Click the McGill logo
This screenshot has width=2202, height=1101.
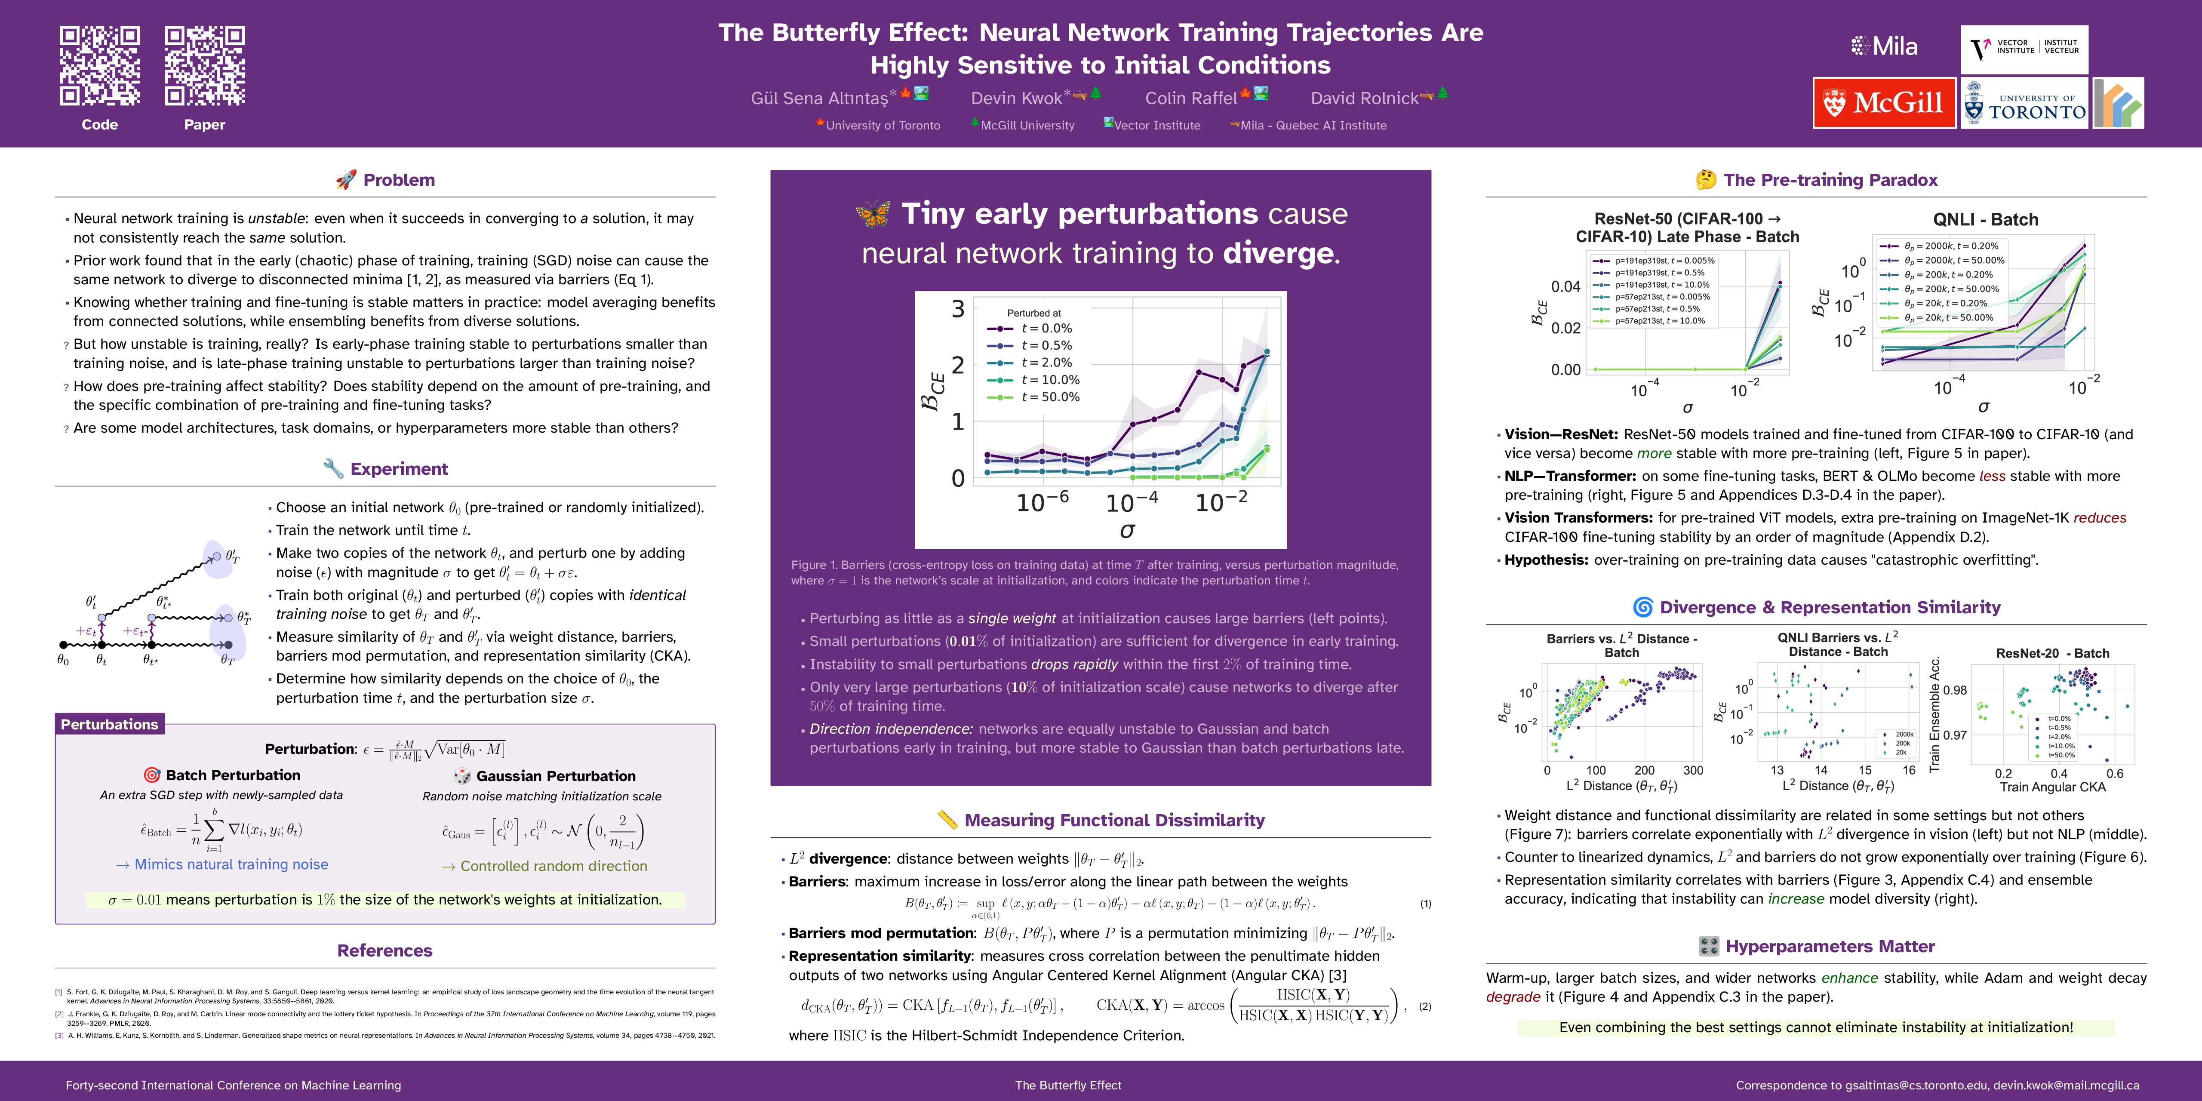pos(1884,103)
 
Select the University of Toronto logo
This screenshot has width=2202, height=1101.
pos(2024,103)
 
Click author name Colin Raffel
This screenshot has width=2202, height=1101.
pos(1191,98)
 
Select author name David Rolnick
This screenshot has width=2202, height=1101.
pos(1364,98)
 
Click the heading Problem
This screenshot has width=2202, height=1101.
pos(398,179)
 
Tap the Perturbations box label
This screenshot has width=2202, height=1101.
pos(109,724)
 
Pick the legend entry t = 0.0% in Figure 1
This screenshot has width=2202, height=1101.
pos(1046,328)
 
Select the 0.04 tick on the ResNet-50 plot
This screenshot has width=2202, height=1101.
pos(1565,286)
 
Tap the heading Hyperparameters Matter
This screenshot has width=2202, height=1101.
pos(1829,946)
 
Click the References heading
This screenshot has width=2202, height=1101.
pos(384,950)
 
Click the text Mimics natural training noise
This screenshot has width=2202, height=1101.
pos(231,864)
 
